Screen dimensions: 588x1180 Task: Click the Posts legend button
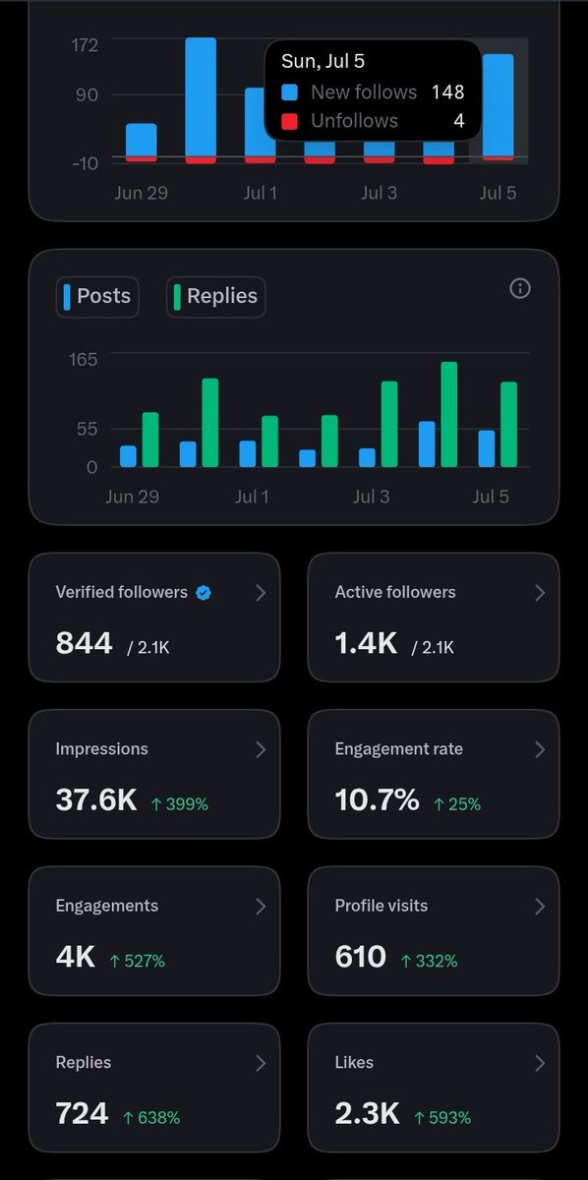click(97, 297)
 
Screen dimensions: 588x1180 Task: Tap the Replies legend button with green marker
click(216, 297)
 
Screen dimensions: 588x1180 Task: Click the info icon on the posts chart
click(520, 288)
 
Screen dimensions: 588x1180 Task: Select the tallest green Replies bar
click(449, 415)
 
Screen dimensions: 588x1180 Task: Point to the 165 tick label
click(84, 359)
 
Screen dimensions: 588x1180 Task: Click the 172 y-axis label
click(85, 45)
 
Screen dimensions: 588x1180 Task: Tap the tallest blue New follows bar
click(201, 97)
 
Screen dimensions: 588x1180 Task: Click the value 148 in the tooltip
click(447, 92)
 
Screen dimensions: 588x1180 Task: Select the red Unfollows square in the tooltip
click(289, 121)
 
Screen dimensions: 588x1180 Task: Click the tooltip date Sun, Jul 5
click(323, 61)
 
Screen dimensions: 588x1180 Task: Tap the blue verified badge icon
click(204, 593)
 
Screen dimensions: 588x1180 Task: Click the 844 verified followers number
click(85, 643)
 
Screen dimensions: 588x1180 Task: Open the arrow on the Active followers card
click(540, 593)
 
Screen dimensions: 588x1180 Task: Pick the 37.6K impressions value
click(96, 799)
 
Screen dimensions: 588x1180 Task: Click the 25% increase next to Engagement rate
click(457, 804)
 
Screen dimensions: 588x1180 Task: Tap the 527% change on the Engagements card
click(137, 961)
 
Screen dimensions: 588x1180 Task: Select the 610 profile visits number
click(361, 957)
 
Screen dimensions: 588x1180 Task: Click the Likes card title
click(354, 1063)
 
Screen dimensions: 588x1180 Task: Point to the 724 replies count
click(83, 1113)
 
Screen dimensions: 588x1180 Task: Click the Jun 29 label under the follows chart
click(142, 193)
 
